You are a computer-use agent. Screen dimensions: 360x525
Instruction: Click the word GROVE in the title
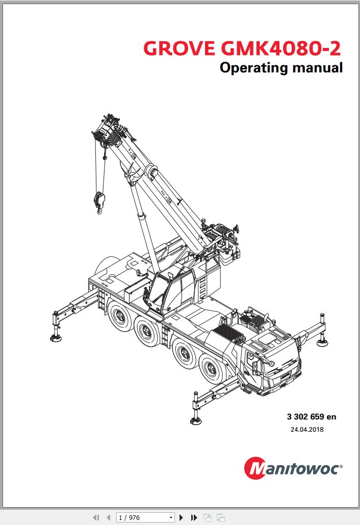(179, 48)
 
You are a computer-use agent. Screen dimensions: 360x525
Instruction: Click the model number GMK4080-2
(280, 48)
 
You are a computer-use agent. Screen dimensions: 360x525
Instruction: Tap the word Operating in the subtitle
(254, 68)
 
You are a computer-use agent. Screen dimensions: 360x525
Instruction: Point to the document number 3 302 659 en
(312, 417)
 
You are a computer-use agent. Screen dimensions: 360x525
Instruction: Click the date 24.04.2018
(307, 430)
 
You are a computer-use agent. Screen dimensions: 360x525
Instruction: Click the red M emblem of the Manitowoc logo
(256, 468)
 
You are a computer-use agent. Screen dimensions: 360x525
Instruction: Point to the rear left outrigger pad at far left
(56, 338)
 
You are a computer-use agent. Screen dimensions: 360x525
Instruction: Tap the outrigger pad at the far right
(322, 343)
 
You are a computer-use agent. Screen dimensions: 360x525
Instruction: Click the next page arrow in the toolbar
(181, 518)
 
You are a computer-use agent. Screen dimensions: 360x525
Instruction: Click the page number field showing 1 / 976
(145, 518)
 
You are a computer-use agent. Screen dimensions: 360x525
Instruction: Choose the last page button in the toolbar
(194, 518)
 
